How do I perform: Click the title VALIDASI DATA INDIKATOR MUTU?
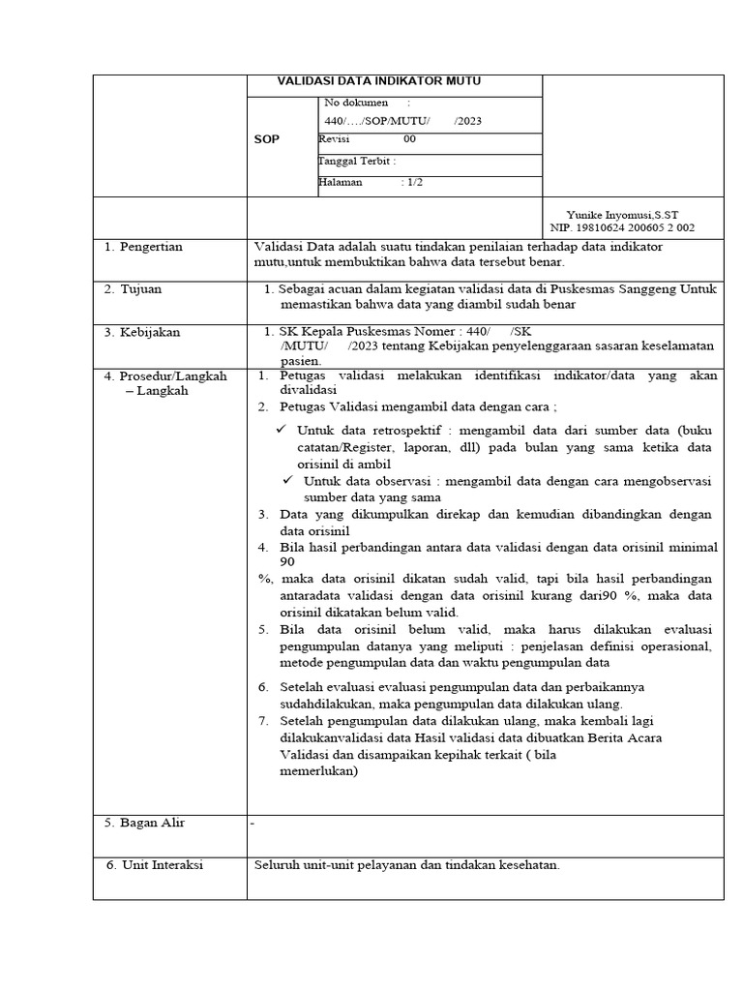click(x=379, y=81)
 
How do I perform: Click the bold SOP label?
click(x=266, y=139)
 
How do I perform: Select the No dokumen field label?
click(x=356, y=102)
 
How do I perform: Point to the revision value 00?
click(x=409, y=139)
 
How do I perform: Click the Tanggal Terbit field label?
click(x=357, y=162)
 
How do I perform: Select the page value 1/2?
click(x=414, y=182)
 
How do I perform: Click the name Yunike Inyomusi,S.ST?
click(x=629, y=214)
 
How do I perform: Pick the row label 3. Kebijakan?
click(x=142, y=332)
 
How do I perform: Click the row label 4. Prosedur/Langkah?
click(x=165, y=375)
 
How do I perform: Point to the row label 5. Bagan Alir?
click(x=144, y=823)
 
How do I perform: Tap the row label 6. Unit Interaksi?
click(x=154, y=865)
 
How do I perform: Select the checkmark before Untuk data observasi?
click(x=287, y=480)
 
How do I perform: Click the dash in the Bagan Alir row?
click(x=253, y=824)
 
